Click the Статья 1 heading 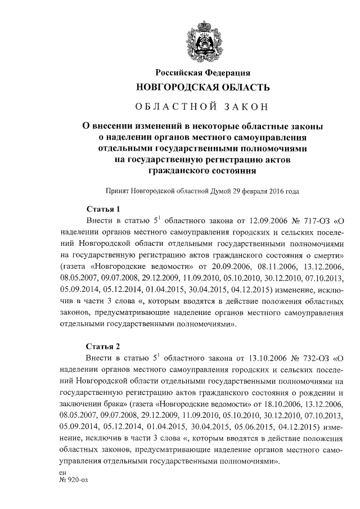(103, 209)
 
